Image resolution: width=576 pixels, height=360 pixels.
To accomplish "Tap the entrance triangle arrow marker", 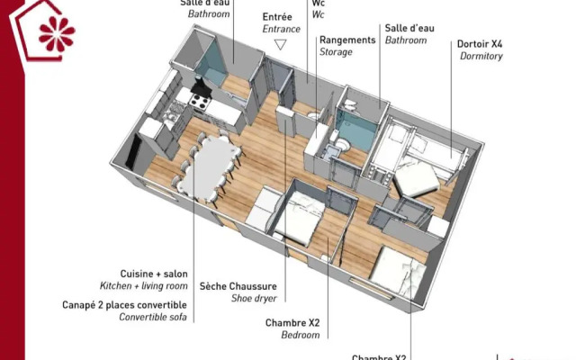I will (x=280, y=44).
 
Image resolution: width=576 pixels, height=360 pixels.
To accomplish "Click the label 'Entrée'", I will (x=277, y=17).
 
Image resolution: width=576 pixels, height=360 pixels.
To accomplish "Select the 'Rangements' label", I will (x=347, y=40).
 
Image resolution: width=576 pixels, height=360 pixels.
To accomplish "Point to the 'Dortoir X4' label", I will (x=480, y=43).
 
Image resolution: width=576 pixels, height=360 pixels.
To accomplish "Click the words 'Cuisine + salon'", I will (x=154, y=274).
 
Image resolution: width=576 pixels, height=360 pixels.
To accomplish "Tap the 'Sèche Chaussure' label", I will (x=238, y=286).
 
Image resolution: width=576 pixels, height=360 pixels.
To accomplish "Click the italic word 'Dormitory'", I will (x=481, y=56).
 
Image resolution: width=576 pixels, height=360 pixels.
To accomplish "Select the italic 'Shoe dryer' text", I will (x=254, y=298).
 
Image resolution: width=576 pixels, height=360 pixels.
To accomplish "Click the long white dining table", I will (x=210, y=164).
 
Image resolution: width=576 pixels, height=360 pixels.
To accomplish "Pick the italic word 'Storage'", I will (x=336, y=52).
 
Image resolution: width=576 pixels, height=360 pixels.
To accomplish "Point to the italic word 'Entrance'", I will (x=282, y=29).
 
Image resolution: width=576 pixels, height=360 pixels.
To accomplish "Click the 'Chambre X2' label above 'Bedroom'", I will (x=292, y=323).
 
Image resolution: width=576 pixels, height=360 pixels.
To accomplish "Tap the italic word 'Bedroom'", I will (x=301, y=335).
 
